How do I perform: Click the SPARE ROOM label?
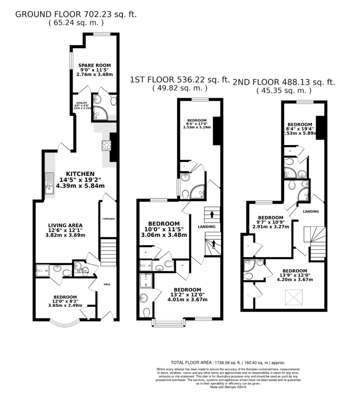[x=94, y=65]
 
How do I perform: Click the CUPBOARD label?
[x=108, y=219]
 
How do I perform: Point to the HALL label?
[x=107, y=284]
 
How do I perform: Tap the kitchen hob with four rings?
[x=107, y=145]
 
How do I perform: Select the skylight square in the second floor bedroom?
[x=294, y=298]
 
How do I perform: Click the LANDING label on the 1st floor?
[x=207, y=226]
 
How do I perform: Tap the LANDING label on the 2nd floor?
[x=311, y=211]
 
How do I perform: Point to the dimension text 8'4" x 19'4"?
[x=300, y=129]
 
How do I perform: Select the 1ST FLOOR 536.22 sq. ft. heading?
[x=180, y=80]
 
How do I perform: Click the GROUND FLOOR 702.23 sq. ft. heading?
[x=76, y=14]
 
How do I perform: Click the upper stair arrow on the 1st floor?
[x=212, y=214]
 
